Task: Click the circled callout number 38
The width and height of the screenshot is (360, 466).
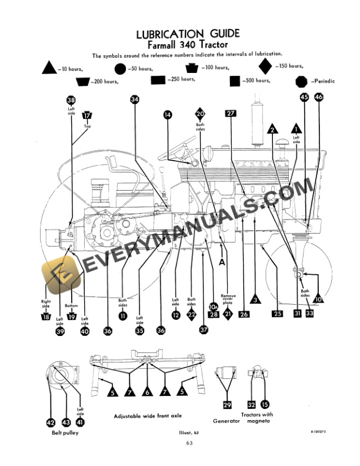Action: pos(71,101)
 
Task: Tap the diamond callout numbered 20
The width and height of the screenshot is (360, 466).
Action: pos(200,114)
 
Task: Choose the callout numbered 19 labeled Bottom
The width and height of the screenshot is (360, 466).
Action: pos(72,317)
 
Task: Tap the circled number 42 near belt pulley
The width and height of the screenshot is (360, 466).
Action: pos(51,421)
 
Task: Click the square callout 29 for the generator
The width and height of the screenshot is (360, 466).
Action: pos(228,404)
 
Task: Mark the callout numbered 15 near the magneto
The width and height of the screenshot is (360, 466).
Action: pos(265,404)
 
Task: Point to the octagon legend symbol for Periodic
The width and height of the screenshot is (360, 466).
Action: pos(302,81)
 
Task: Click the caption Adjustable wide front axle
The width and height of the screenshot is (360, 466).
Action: pos(147,416)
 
